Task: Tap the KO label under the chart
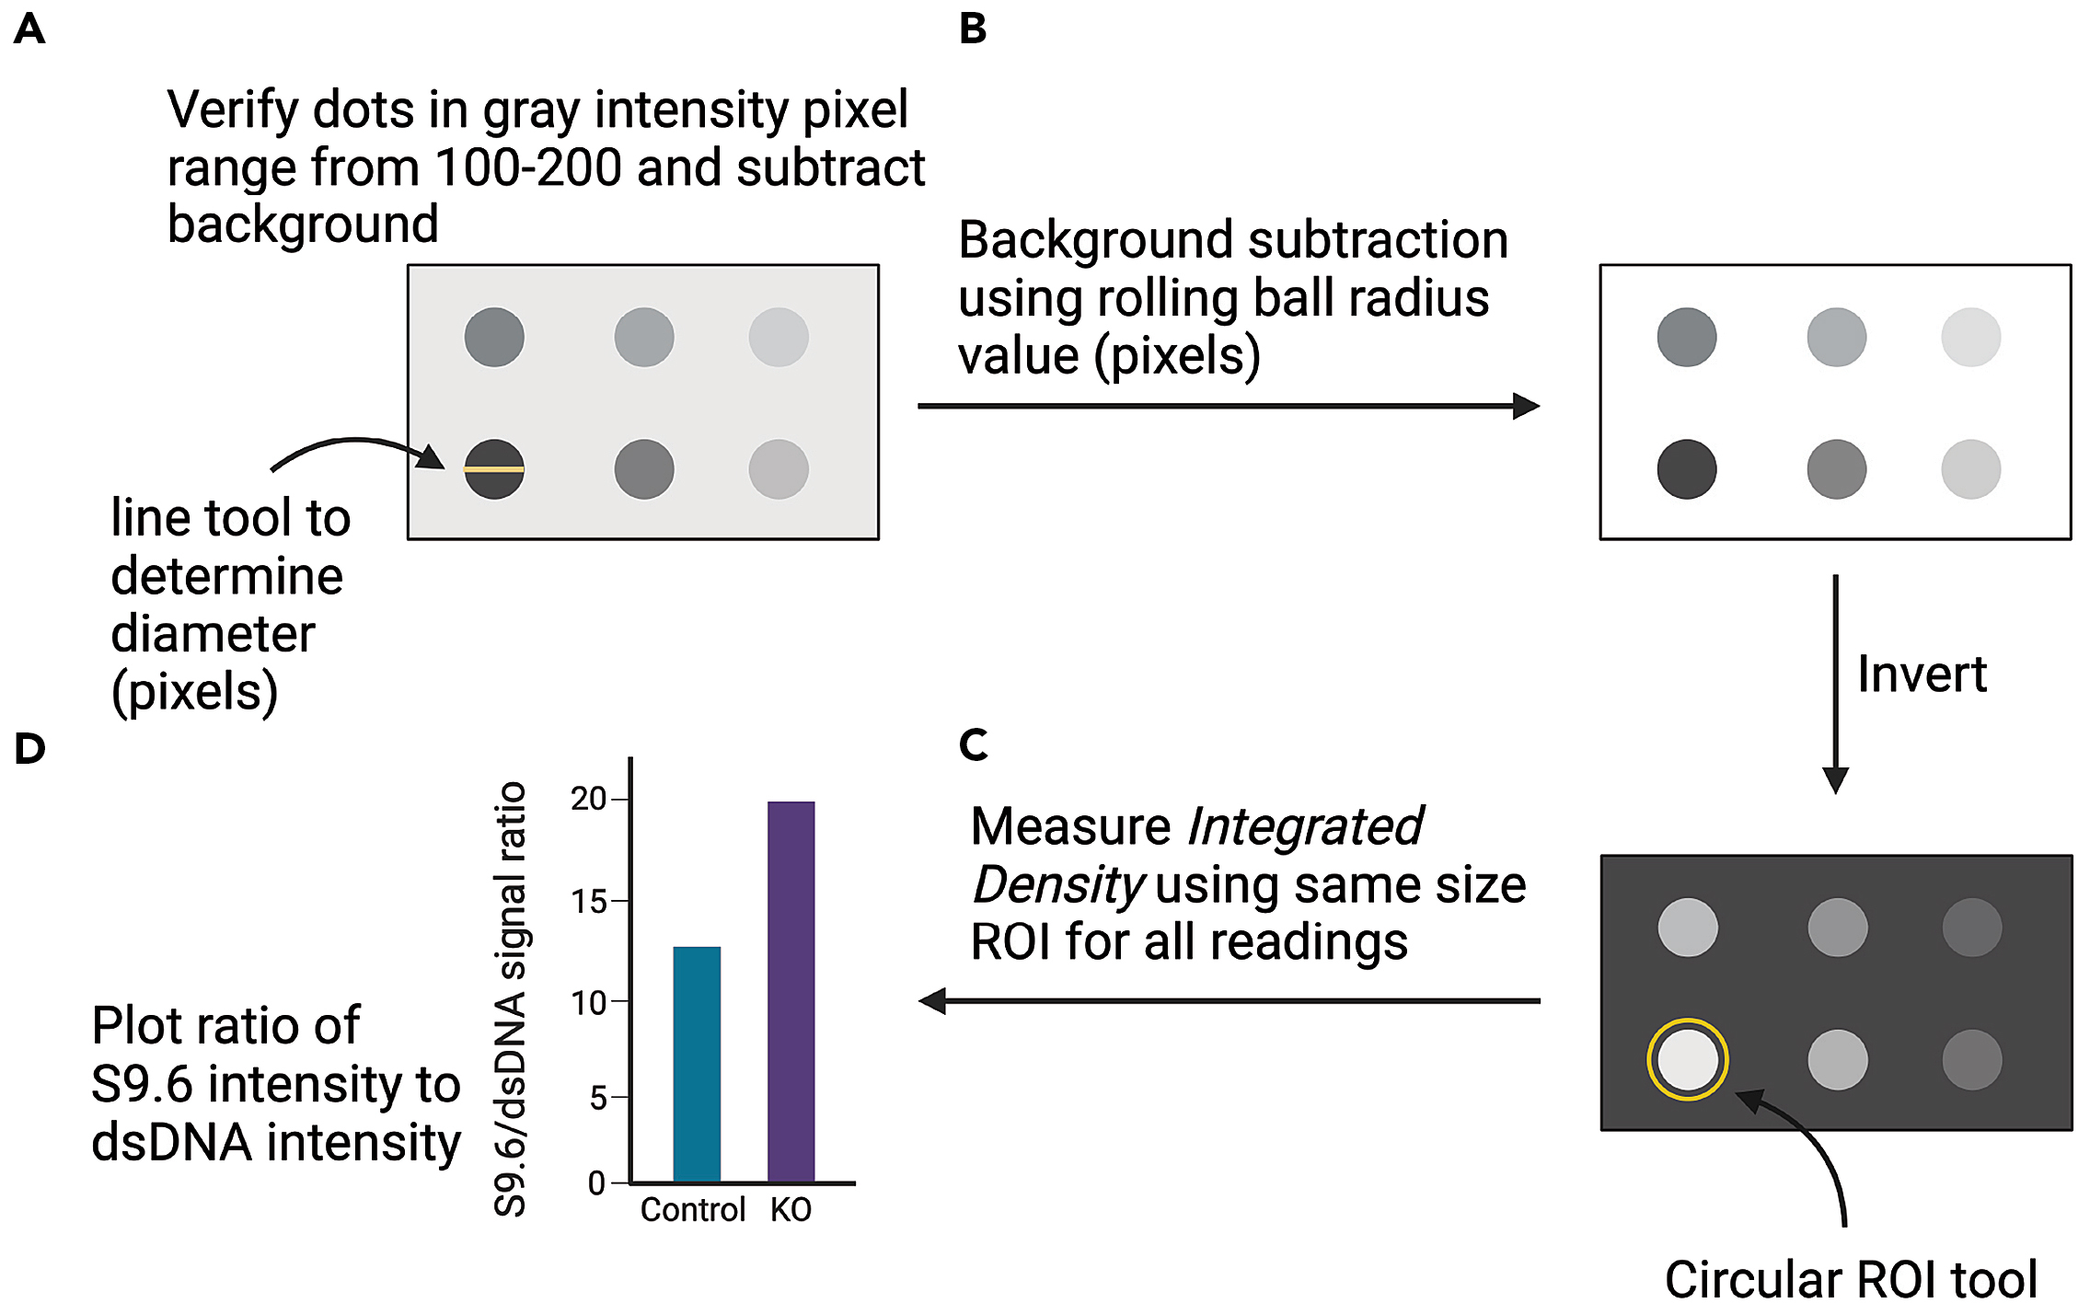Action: click(791, 1209)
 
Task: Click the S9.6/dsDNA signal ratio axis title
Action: click(511, 998)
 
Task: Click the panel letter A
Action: click(29, 29)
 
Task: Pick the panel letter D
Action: click(29, 748)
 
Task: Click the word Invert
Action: click(1922, 675)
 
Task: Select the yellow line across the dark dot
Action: click(494, 469)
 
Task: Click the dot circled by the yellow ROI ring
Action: click(1687, 1059)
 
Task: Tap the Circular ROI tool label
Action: click(1851, 1279)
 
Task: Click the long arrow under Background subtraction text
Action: click(1228, 406)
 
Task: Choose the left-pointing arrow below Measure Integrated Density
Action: click(1229, 1000)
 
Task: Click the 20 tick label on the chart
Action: click(589, 799)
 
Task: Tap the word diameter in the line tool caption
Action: click(213, 634)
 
